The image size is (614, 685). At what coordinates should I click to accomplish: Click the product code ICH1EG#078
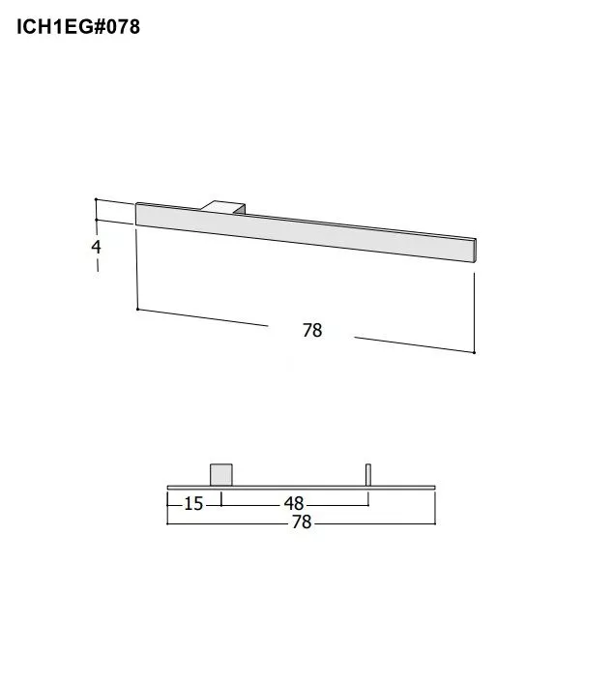tap(78, 27)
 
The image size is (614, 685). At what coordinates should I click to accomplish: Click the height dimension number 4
tap(96, 247)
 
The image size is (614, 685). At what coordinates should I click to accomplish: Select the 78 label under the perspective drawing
tap(311, 331)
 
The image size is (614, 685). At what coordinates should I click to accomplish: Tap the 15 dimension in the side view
tap(193, 504)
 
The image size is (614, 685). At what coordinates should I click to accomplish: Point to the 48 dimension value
tap(294, 504)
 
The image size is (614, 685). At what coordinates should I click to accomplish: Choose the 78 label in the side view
tap(302, 522)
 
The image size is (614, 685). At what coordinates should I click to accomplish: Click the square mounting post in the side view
tap(221, 474)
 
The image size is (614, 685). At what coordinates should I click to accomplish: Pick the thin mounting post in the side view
tap(367, 474)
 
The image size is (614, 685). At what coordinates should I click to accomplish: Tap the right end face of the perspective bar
tap(476, 249)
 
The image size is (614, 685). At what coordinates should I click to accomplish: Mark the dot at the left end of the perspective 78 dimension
tap(138, 309)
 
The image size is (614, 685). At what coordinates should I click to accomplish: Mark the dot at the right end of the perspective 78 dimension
tap(474, 352)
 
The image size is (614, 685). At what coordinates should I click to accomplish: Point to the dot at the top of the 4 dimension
tap(96, 200)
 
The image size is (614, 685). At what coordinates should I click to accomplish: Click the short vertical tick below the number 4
tap(98, 266)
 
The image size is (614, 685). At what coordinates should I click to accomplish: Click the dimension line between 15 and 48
tap(251, 504)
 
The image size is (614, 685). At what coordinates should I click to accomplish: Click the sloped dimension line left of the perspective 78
tap(203, 317)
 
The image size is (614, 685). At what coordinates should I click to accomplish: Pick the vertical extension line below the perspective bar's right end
tap(474, 310)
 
